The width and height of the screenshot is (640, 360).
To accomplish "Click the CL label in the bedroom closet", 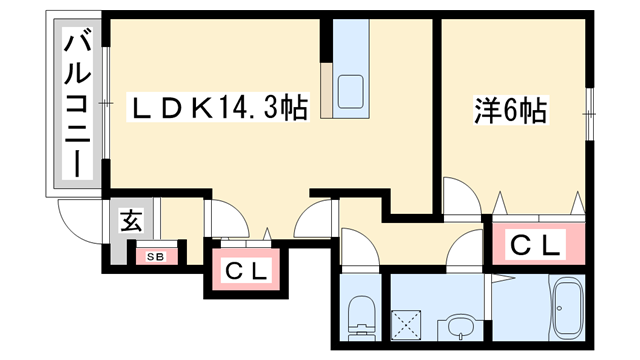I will (x=537, y=243).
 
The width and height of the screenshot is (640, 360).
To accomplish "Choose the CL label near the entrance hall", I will (x=245, y=269).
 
